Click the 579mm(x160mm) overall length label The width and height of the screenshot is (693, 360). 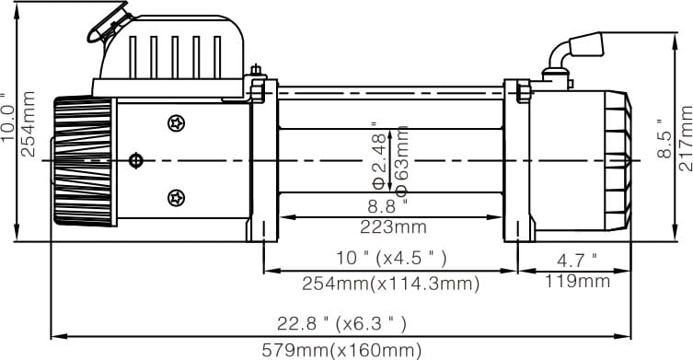coord(341,351)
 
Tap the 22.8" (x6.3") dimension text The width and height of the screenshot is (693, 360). coord(341,324)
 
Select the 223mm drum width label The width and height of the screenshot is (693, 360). coord(393,226)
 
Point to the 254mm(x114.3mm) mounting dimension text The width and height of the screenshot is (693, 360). coord(391,284)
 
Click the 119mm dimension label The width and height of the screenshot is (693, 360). coord(577,281)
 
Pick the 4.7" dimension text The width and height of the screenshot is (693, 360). coord(577,261)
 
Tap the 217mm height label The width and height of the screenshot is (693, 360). coord(686,138)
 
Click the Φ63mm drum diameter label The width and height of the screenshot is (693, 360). coord(402,161)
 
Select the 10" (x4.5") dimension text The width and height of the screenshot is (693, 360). coord(391,258)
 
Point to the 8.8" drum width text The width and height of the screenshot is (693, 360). coord(387,206)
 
